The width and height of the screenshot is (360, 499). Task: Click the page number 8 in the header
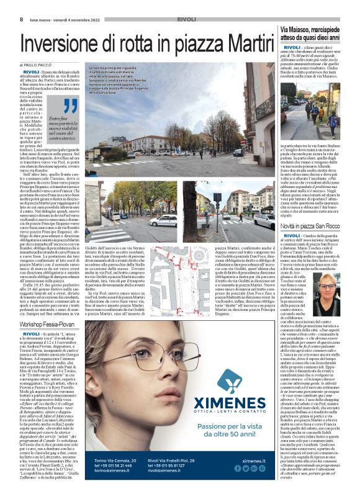[x=21, y=19]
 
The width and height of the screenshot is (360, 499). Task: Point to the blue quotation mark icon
[x=53, y=106]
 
